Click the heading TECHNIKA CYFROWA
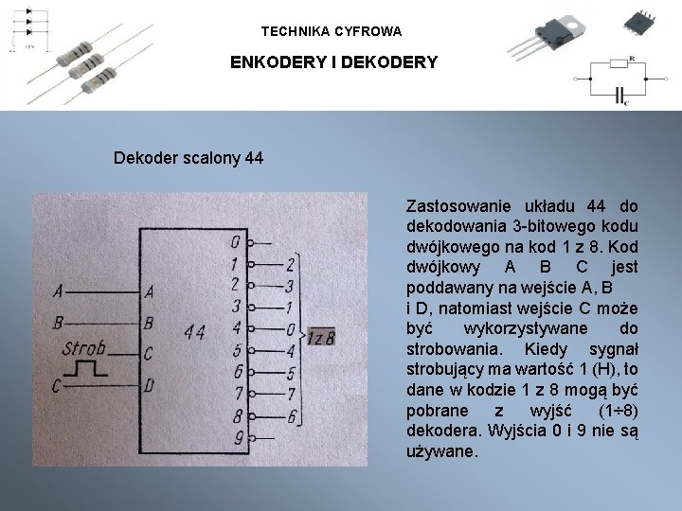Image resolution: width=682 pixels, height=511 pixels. (x=332, y=31)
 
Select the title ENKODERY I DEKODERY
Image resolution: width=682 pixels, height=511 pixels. (x=334, y=63)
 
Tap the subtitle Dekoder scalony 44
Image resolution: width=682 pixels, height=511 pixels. (x=188, y=157)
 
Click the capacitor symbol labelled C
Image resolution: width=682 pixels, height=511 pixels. (x=621, y=95)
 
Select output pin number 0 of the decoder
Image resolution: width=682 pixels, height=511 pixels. (x=235, y=242)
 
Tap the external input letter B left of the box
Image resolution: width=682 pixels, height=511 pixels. (x=60, y=323)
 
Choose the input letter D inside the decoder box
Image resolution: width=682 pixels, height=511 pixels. (x=150, y=385)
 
